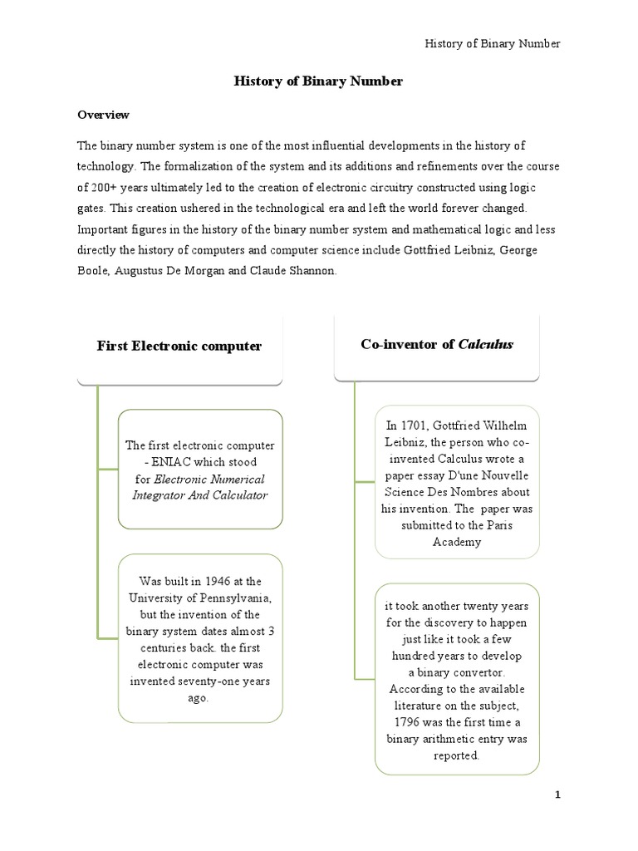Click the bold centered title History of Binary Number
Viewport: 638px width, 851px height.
pos(318,81)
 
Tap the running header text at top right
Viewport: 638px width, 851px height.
pos(493,43)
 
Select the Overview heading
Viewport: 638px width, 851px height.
pos(103,114)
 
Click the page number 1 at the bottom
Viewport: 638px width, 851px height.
pos(558,795)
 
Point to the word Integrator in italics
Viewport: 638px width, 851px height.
pos(160,495)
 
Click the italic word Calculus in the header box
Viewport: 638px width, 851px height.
pos(486,344)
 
